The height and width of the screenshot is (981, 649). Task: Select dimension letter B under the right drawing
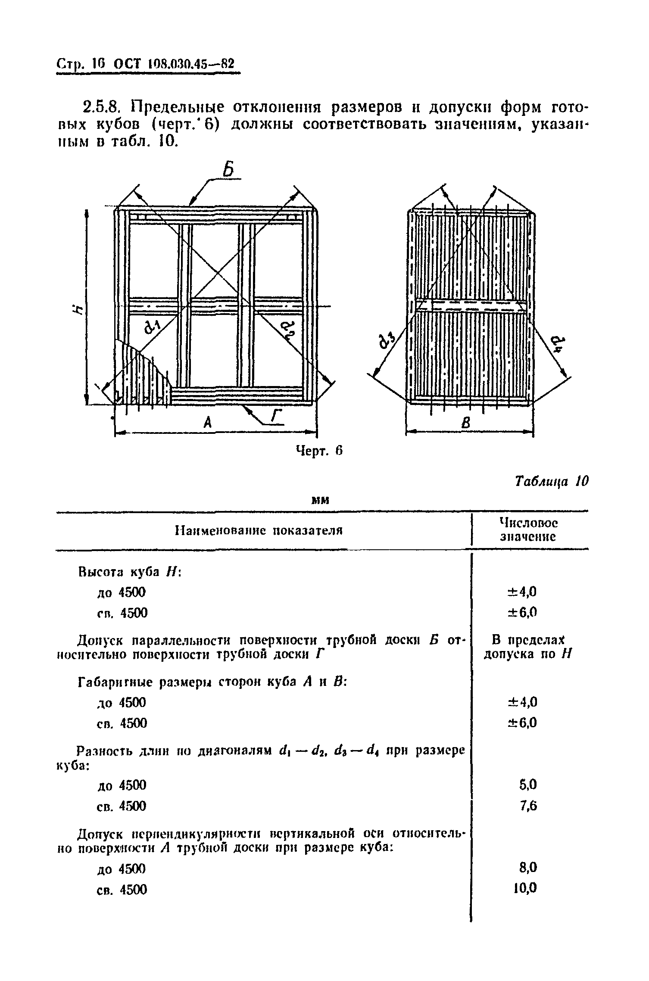coord(465,424)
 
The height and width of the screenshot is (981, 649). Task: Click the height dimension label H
coord(77,309)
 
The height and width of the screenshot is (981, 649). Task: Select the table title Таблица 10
coord(552,481)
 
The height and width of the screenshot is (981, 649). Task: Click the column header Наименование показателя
coord(259,530)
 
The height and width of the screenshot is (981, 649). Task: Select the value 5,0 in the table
coord(528,785)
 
